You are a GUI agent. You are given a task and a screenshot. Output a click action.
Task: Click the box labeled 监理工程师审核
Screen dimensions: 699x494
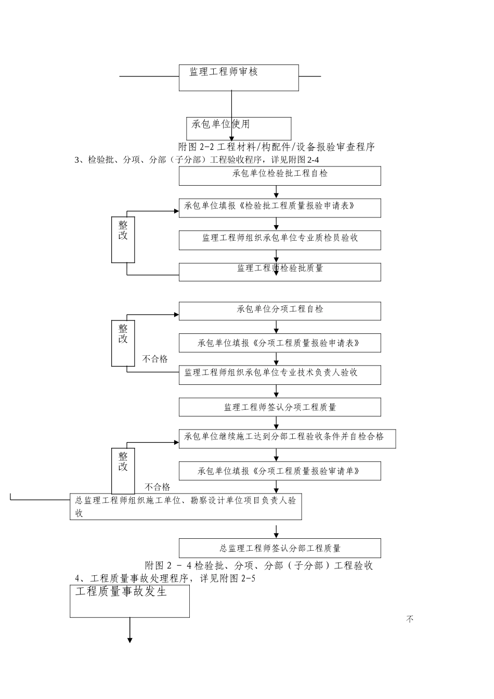click(x=239, y=77)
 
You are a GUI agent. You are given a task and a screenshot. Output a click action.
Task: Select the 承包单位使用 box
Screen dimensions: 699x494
click(x=239, y=128)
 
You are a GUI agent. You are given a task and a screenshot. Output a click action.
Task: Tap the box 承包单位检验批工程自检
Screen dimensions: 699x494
click(x=280, y=176)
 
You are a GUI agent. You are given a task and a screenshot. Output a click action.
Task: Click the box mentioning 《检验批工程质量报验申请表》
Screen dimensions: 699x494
click(x=280, y=208)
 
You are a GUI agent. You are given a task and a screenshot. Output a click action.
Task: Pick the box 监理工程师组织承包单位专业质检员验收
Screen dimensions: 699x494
click(x=280, y=240)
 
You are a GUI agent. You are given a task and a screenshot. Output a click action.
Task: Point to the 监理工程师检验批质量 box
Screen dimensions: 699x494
click(x=280, y=271)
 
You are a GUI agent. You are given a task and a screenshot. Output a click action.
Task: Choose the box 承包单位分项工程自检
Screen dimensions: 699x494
click(x=280, y=310)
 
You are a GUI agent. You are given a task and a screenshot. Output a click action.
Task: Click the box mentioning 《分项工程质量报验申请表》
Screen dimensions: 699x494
click(x=280, y=343)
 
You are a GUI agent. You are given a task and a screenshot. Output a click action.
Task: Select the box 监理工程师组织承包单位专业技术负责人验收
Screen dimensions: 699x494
click(x=280, y=374)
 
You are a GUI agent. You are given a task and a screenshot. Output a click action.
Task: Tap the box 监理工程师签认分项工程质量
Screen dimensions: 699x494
click(x=280, y=407)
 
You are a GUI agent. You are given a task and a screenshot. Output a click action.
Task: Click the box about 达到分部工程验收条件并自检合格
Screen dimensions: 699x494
click(x=287, y=438)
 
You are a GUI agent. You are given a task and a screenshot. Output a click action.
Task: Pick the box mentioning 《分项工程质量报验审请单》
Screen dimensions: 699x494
click(x=280, y=471)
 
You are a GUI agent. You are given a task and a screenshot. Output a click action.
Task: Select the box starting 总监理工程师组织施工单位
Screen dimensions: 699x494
click(x=186, y=507)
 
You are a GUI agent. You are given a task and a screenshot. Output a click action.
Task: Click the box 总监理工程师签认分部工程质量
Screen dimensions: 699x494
click(x=280, y=548)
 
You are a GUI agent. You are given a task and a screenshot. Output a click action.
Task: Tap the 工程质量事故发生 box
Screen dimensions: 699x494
click(x=129, y=601)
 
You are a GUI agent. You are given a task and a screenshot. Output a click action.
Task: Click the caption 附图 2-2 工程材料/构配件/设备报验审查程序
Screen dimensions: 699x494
click(x=276, y=147)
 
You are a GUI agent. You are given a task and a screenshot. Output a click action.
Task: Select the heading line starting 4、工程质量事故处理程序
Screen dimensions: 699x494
click(x=165, y=578)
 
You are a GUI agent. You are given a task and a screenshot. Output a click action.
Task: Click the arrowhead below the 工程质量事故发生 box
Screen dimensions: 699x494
click(x=130, y=640)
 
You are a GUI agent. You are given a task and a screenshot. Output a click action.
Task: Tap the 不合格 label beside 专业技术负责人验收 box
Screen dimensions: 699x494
click(x=155, y=359)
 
